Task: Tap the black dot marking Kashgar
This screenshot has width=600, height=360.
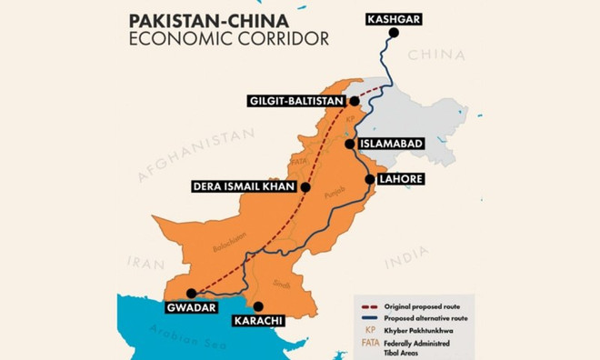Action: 394,34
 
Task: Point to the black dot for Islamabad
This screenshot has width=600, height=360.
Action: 349,144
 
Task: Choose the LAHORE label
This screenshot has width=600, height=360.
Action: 404,179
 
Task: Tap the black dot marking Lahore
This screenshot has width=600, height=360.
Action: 368,179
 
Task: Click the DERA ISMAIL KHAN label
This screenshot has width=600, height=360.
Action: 244,188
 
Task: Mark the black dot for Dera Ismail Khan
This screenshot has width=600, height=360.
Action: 305,188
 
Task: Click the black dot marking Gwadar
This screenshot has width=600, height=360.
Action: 191,293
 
